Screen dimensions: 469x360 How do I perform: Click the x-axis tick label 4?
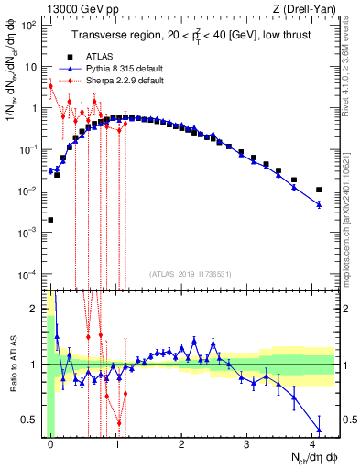coord(312,444)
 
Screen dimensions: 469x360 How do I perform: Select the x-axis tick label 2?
coord(181,444)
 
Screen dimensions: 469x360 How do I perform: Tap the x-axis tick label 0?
coord(50,444)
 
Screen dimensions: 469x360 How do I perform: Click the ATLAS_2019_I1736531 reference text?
coord(190,274)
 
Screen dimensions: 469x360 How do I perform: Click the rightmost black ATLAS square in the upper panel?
coord(319,190)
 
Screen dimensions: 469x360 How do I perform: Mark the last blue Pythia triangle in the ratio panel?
coord(319,430)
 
